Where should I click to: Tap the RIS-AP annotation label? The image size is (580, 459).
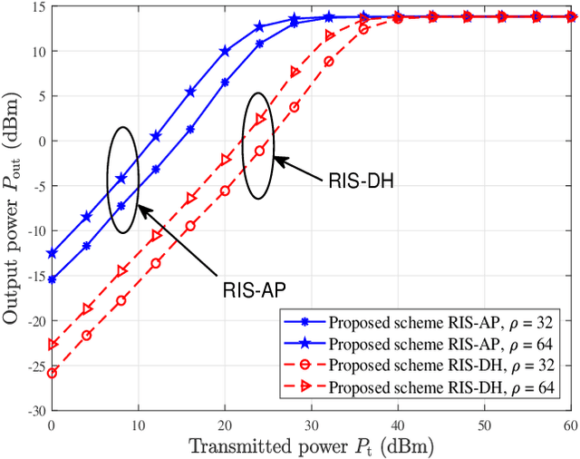pyautogui.click(x=255, y=290)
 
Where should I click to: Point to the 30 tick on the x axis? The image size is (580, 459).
pyautogui.click(x=312, y=425)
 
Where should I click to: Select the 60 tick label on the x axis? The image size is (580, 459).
pyautogui.click(x=571, y=425)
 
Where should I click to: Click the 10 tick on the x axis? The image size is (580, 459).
pyautogui.click(x=139, y=425)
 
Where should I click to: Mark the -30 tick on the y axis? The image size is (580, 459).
pyautogui.click(x=35, y=410)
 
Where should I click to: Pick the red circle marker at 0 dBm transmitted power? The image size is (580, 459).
pyautogui.click(x=52, y=373)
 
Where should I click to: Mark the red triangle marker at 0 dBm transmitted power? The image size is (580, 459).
pyautogui.click(x=52, y=344)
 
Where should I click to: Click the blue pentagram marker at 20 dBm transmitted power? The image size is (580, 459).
pyautogui.click(x=225, y=52)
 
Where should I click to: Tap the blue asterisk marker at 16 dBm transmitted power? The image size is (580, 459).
pyautogui.click(x=190, y=129)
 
